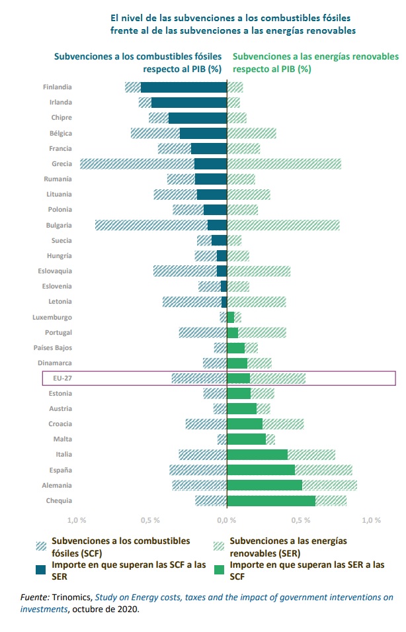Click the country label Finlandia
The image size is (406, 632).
[57, 87]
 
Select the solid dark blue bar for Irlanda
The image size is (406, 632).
[189, 103]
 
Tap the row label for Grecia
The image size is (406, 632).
[61, 163]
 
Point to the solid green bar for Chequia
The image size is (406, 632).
[271, 501]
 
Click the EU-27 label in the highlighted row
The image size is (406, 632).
[61, 378]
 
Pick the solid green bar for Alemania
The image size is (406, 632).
[264, 485]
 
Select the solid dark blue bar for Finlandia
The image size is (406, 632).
[184, 87]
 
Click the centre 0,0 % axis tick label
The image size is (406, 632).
[227, 520]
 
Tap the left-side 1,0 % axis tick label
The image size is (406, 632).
[77, 520]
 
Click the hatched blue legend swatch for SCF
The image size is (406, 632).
[42, 545]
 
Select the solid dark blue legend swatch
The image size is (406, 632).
[42, 569]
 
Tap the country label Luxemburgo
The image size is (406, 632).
[52, 317]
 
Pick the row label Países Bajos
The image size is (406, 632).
[53, 347]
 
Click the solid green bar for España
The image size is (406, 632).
[261, 470]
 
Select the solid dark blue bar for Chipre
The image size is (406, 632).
[198, 118]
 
